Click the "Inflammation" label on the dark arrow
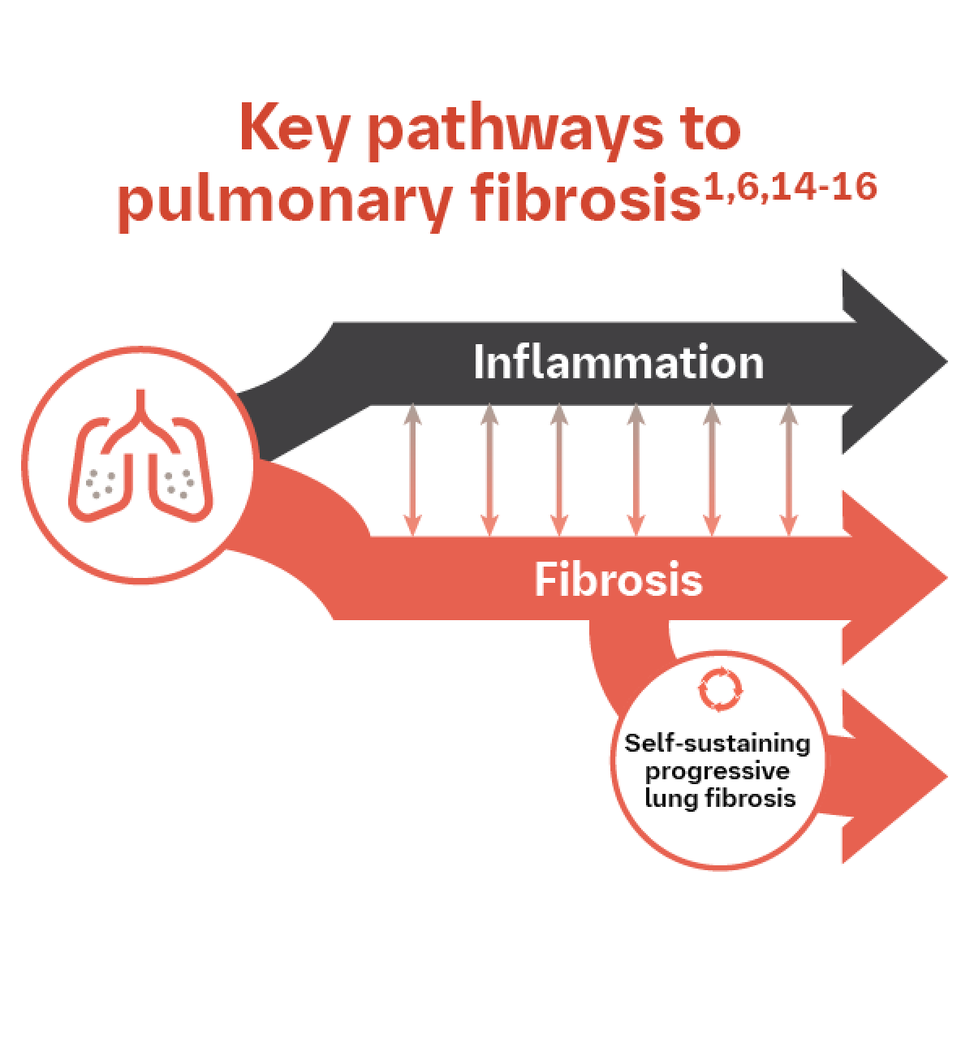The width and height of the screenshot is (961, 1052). coord(618,363)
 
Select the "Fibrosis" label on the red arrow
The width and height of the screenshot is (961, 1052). coord(618,580)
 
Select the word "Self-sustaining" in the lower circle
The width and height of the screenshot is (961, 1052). coord(718,744)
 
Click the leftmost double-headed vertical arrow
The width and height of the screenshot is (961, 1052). coord(412,471)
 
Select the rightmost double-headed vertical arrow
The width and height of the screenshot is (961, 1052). coord(787,471)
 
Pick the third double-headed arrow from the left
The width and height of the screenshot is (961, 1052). coord(558,471)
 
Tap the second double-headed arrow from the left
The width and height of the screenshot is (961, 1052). coord(489,471)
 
